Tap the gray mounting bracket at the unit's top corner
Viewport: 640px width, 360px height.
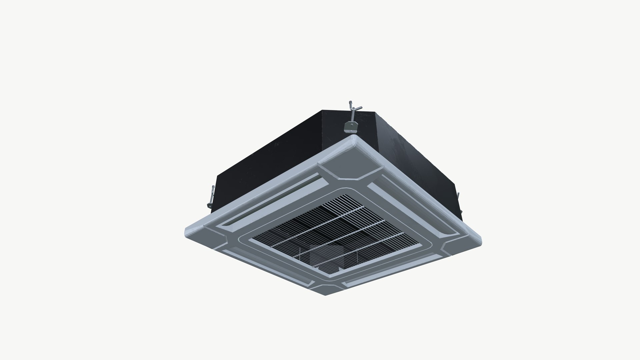click(x=350, y=126)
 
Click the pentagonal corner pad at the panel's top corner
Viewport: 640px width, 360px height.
click(x=350, y=166)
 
